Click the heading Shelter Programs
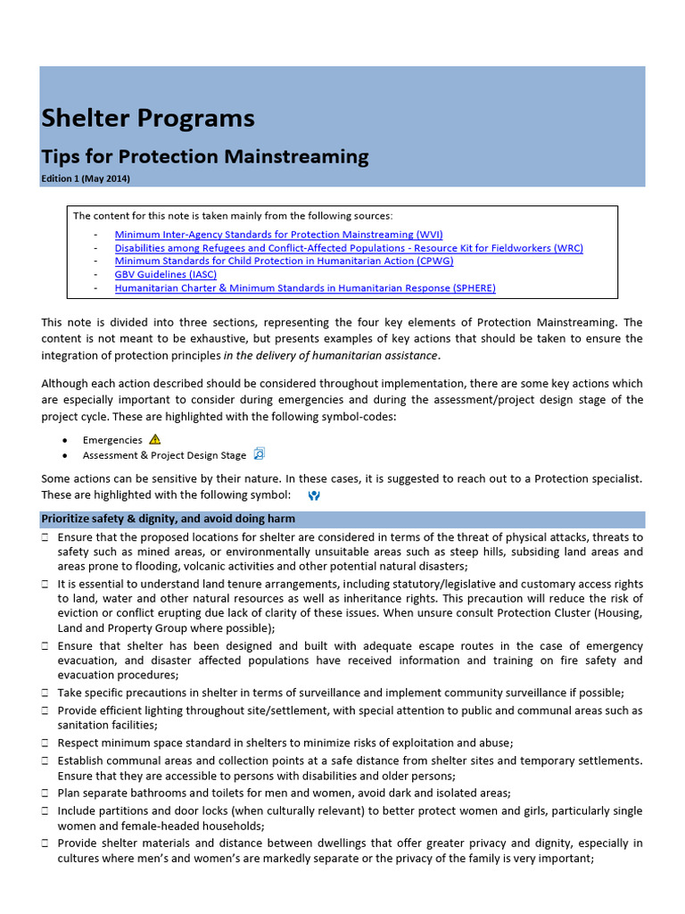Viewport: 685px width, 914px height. (147, 119)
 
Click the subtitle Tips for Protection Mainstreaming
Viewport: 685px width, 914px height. (204, 157)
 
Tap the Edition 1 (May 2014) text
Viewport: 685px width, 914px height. (86, 179)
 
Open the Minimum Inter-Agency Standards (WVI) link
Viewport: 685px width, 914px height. (278, 235)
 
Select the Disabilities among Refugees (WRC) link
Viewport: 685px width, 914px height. (349, 248)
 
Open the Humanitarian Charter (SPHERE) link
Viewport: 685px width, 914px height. (305, 288)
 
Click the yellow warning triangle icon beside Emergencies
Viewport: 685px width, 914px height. (155, 439)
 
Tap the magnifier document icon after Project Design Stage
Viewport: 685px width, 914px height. (260, 454)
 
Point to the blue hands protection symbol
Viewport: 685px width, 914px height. (313, 494)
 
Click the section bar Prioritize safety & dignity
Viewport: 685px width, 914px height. (342, 519)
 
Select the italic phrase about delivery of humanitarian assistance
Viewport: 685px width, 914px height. (331, 355)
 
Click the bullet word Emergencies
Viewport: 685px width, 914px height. (112, 440)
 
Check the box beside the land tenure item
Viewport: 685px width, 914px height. (45, 584)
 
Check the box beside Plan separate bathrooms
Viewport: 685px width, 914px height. (45, 793)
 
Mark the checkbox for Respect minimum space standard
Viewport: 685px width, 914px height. (45, 743)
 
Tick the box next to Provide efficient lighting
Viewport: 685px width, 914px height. (45, 711)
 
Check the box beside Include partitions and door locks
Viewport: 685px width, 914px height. (45, 811)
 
